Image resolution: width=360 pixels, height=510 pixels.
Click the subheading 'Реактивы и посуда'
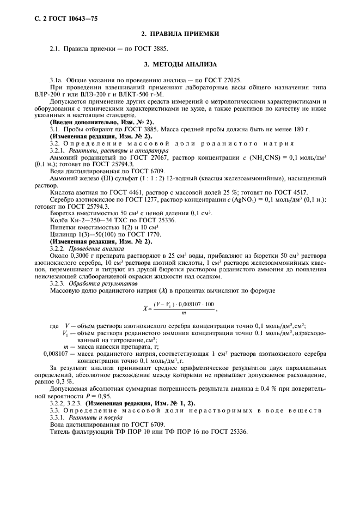pos(92,418)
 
